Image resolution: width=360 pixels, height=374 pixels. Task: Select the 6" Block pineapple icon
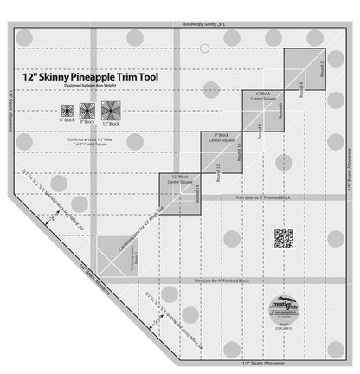pos(66,111)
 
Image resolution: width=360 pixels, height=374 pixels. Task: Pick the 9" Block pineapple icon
pos(87,111)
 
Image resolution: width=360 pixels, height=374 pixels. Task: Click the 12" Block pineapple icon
pos(110,111)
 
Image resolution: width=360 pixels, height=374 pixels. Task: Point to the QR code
pos(284,238)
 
